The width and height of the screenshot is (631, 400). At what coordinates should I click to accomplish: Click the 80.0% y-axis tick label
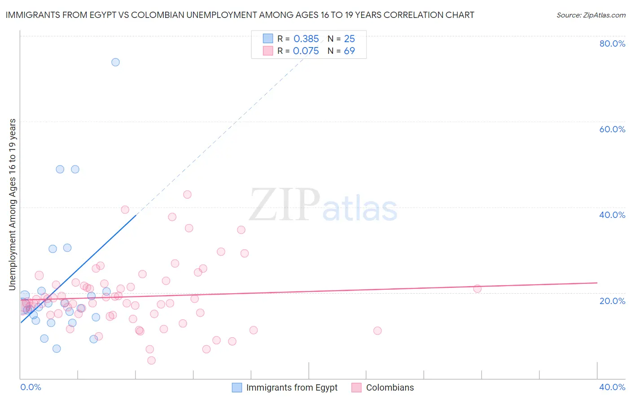click(x=612, y=43)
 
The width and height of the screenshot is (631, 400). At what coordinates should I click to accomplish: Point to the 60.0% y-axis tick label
click(x=612, y=129)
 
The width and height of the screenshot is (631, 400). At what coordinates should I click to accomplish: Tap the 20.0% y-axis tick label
click(x=612, y=301)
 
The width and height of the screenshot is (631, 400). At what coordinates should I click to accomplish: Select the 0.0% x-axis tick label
click(x=31, y=387)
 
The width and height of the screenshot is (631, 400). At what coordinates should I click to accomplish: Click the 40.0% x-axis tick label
click(x=612, y=387)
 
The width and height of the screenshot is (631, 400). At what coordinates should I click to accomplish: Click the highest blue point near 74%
click(x=115, y=62)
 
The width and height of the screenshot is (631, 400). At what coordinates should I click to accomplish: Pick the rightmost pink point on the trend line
click(x=477, y=288)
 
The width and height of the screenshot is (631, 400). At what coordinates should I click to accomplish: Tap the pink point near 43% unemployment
click(x=187, y=194)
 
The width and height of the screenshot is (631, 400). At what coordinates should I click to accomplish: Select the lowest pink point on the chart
click(x=151, y=360)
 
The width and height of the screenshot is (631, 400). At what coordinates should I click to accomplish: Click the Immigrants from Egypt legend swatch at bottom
click(x=237, y=387)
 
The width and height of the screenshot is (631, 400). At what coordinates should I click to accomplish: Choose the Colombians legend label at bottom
click(x=390, y=387)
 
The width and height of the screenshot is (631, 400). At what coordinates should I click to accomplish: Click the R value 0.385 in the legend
click(x=306, y=39)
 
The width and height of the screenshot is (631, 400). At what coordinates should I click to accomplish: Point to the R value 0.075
click(x=306, y=51)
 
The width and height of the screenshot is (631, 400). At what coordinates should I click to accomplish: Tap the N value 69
click(x=349, y=51)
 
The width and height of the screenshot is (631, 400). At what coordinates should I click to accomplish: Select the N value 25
click(x=349, y=39)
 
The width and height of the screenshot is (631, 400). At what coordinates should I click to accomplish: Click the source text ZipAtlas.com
click(x=591, y=15)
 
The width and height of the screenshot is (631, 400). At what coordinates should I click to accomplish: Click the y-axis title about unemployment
click(x=12, y=204)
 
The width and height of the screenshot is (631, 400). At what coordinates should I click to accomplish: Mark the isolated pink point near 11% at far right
click(x=377, y=330)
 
